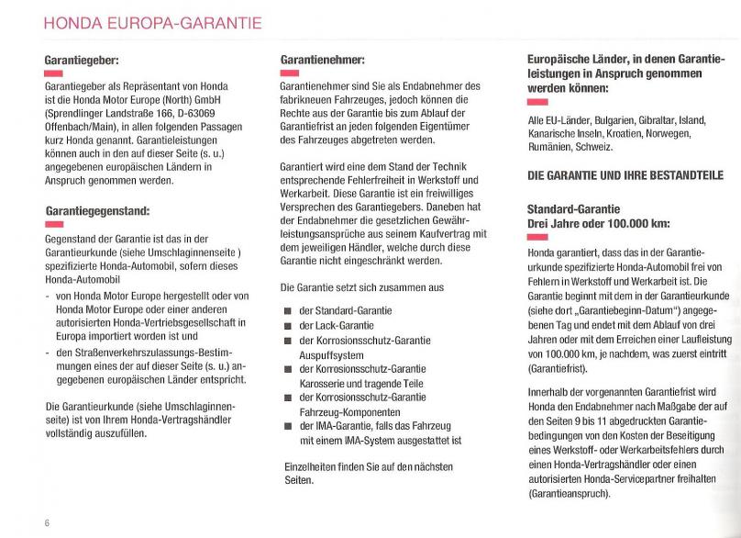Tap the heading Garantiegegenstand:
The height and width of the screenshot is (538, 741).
tap(96, 210)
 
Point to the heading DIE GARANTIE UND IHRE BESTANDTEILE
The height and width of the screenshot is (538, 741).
tap(625, 175)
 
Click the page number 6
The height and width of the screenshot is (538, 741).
tap(47, 522)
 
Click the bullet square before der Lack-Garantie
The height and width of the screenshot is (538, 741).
tap(287, 325)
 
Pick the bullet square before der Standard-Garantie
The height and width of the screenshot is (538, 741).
tap(287, 311)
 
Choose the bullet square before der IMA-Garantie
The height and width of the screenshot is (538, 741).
tap(287, 425)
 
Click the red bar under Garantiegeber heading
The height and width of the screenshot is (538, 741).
tap(53, 73)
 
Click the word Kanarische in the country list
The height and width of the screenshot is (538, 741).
tap(554, 133)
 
